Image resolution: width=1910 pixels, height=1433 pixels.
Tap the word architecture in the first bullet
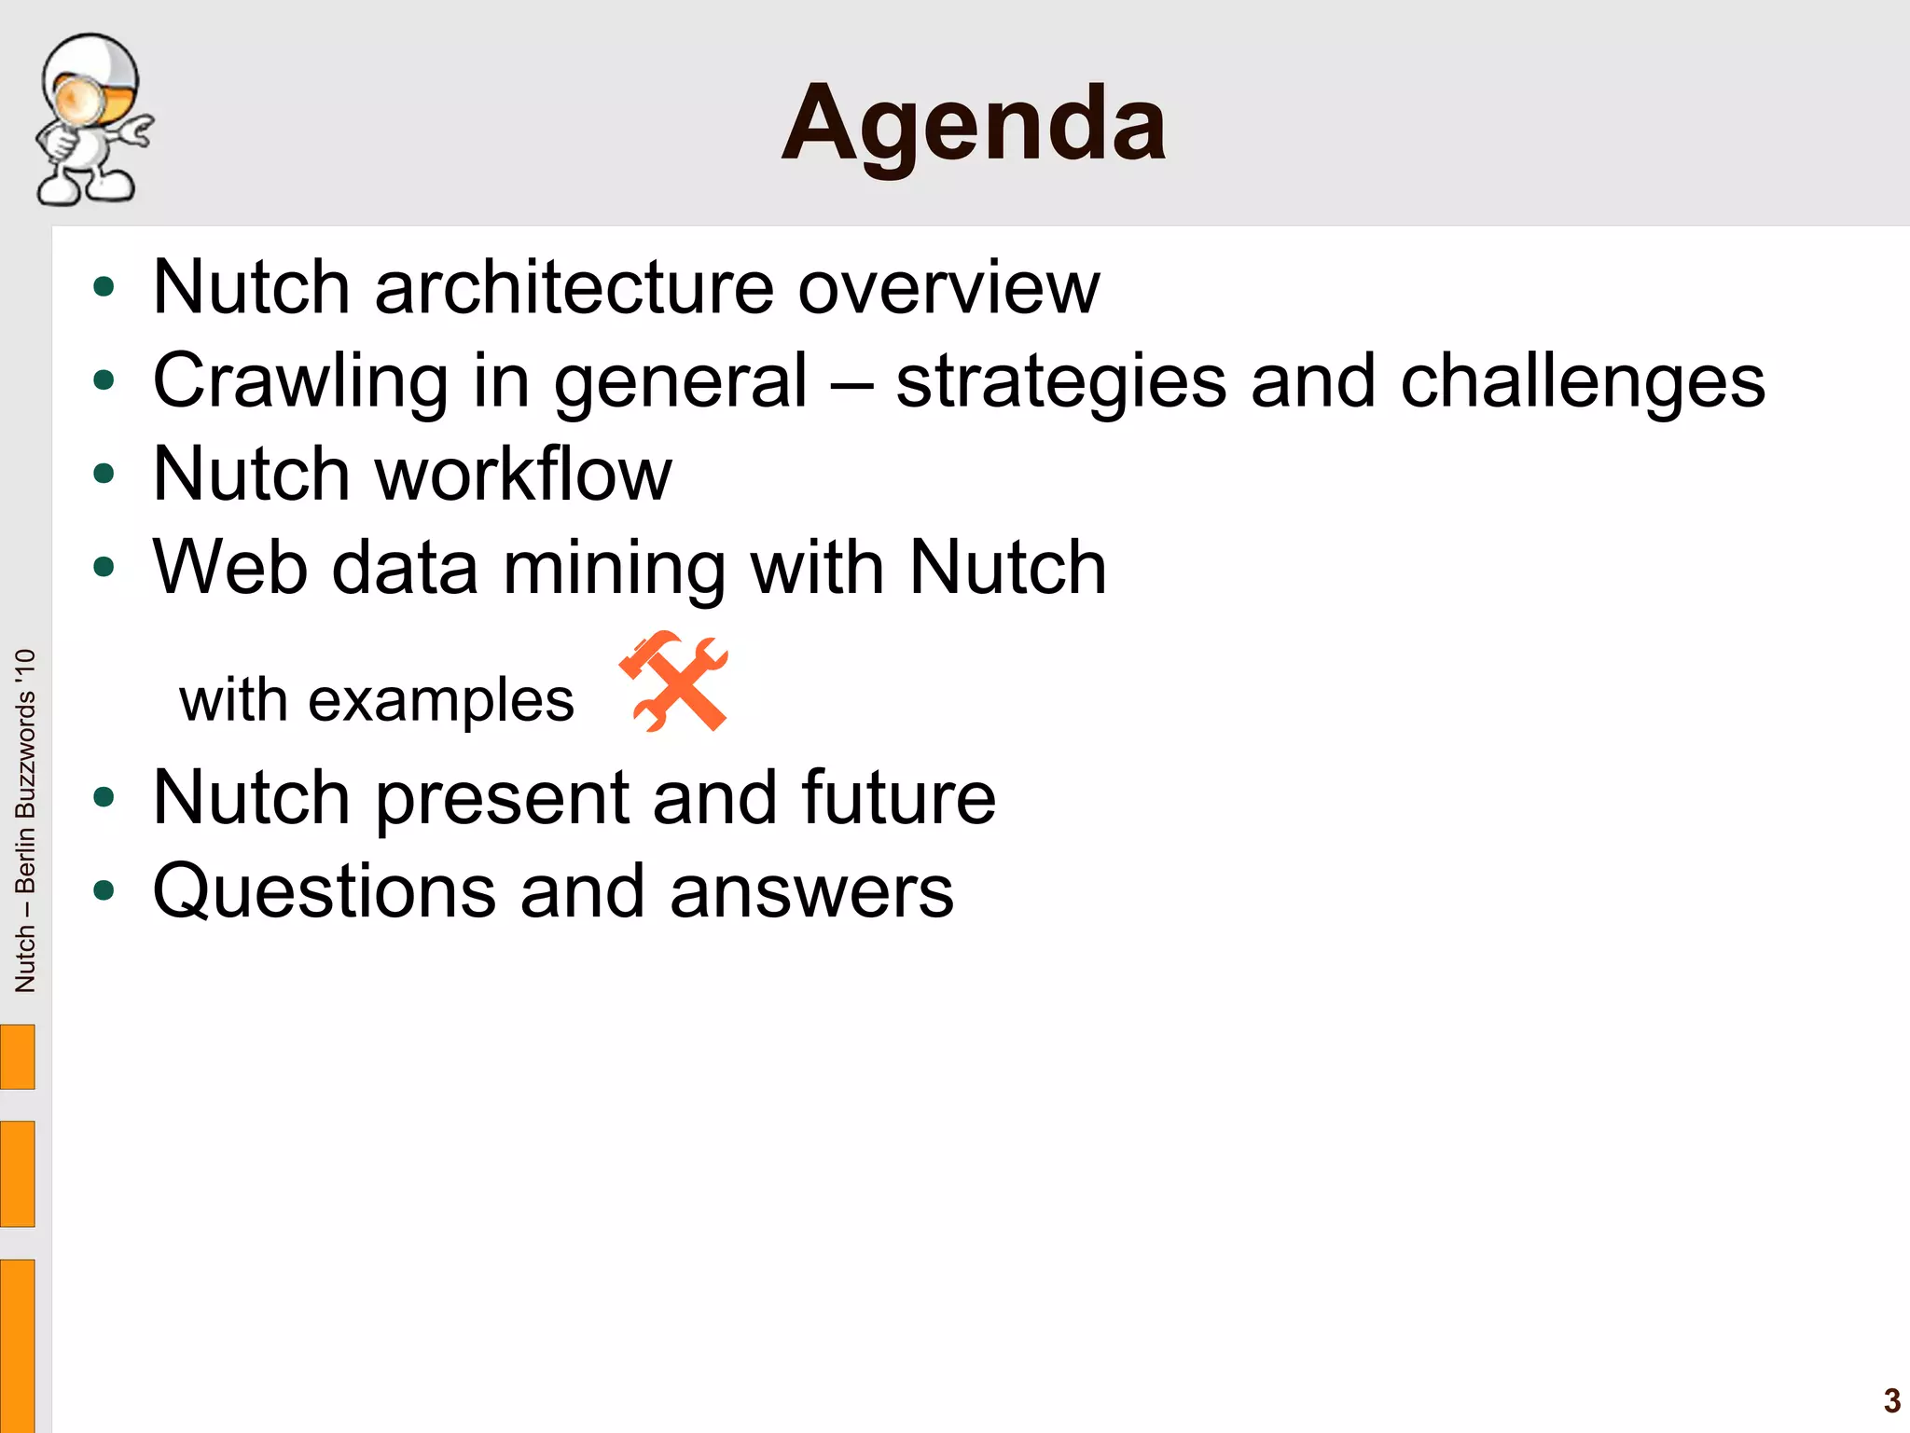[573, 287]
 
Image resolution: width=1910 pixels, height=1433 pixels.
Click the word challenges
[1582, 380]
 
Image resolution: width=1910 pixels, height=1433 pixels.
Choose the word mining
[614, 569]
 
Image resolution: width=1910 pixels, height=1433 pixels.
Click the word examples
[440, 700]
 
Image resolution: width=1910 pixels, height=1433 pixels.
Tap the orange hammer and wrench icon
[673, 681]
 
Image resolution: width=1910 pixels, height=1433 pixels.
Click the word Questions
[324, 892]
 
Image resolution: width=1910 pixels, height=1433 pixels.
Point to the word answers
[810, 892]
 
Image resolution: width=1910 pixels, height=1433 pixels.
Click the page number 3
[1891, 1400]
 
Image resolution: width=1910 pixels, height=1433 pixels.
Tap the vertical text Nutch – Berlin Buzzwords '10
[25, 820]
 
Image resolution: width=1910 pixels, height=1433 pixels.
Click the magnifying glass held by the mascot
[80, 99]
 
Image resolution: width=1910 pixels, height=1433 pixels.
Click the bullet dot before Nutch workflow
[104, 474]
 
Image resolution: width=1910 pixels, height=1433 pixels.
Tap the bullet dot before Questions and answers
[104, 890]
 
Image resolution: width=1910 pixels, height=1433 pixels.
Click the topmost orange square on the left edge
[17, 1056]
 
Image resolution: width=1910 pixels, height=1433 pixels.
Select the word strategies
[1060, 380]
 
